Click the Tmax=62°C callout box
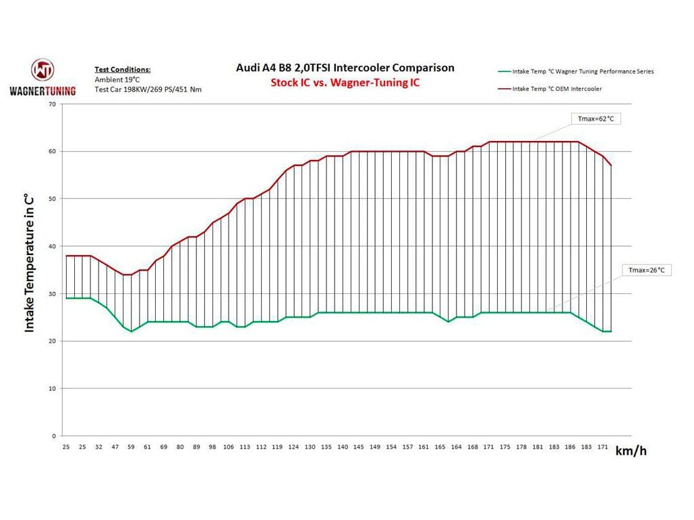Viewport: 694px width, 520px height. click(596, 119)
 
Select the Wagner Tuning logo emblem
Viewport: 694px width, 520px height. click(42, 71)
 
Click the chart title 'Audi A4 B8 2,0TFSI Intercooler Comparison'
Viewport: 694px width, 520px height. click(345, 68)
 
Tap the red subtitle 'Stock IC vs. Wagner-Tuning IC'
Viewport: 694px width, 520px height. click(345, 83)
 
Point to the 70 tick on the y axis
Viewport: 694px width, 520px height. click(52, 104)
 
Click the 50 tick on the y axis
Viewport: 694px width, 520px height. click(52, 199)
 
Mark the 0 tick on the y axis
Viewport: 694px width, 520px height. click(54, 436)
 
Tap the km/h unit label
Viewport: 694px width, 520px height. click(631, 451)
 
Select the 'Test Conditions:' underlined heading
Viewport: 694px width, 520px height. click(123, 69)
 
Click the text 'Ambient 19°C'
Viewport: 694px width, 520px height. click(117, 80)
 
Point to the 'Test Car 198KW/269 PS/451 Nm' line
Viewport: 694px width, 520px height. click(148, 89)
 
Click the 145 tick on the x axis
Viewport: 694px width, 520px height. click(359, 447)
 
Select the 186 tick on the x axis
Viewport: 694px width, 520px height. click(570, 447)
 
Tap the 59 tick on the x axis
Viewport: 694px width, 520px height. click(131, 447)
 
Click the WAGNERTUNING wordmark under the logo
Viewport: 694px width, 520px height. click(42, 90)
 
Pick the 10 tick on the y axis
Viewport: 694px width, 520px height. click(52, 389)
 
